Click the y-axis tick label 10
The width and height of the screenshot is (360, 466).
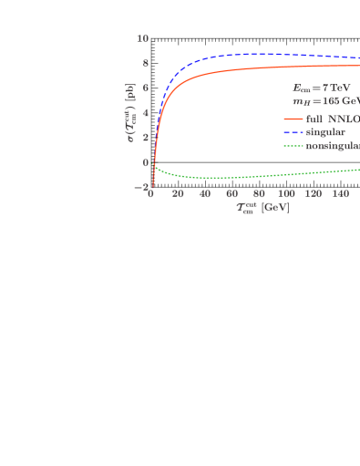coord(143,38)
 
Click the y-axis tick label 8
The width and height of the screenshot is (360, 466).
coord(145,64)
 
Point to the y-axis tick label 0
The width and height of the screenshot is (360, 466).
coord(145,162)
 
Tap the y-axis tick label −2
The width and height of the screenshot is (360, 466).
coord(141,187)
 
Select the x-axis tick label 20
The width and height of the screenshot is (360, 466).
coord(178,194)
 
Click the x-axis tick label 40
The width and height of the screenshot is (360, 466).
coord(205,194)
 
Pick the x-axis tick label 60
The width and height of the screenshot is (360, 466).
coord(232,194)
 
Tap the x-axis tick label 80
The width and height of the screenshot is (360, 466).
coord(260,194)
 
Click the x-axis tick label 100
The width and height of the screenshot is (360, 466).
coord(286,194)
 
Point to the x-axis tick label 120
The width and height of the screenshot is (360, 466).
coord(314,194)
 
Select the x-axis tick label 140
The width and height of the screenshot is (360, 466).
coord(340,194)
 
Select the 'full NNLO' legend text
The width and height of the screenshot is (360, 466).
coord(332,119)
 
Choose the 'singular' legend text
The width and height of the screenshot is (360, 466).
coord(325,132)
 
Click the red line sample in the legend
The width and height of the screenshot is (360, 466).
coord(293,119)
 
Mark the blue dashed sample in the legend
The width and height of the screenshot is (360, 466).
coord(293,132)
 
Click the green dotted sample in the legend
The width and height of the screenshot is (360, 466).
coord(293,146)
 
